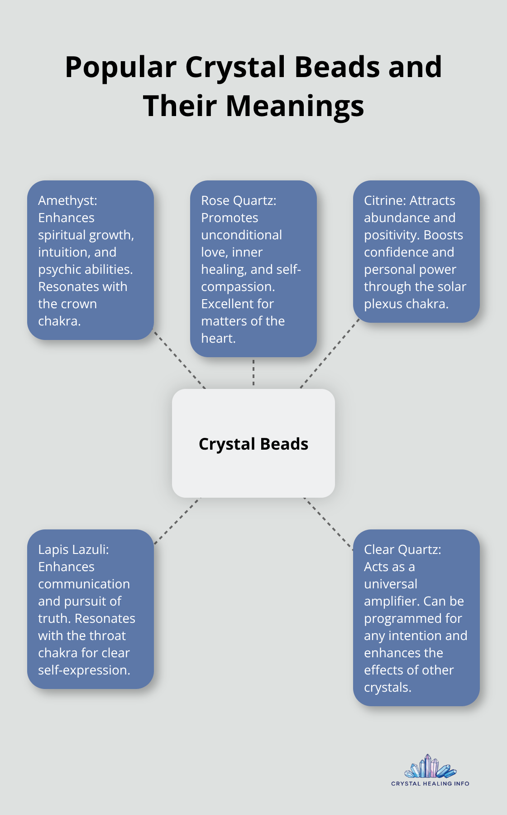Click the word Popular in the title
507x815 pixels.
pos(120,68)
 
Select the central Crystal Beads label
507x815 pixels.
pos(253,444)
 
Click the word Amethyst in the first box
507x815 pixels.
pos(66,200)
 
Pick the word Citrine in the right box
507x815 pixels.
pos(385,200)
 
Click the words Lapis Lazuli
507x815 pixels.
pos(73,549)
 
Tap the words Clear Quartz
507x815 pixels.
pos(402,549)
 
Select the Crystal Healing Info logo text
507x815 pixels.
pos(430,783)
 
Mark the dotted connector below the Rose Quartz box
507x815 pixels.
pos(253,373)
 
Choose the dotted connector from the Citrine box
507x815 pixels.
pos(330,354)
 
